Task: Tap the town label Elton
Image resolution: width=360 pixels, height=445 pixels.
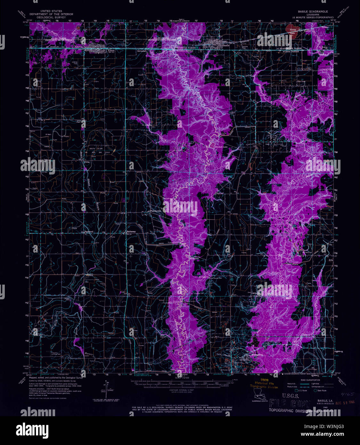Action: pyautogui.click(x=111, y=51)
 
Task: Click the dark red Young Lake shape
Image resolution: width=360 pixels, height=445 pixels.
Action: pyautogui.click(x=292, y=32)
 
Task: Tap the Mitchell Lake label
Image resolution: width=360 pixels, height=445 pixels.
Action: pyautogui.click(x=221, y=147)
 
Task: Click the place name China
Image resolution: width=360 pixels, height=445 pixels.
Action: pyautogui.click(x=87, y=162)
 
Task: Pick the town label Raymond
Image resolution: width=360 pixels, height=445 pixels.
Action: pyautogui.click(x=89, y=231)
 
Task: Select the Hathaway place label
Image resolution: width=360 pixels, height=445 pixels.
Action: pyautogui.click(x=131, y=231)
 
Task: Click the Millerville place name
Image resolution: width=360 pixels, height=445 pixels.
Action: pyautogui.click(x=194, y=258)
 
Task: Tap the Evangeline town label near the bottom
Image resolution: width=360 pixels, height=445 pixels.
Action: pyautogui.click(x=257, y=354)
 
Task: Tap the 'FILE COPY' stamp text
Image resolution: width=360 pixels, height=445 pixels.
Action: pyautogui.click(x=290, y=404)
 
